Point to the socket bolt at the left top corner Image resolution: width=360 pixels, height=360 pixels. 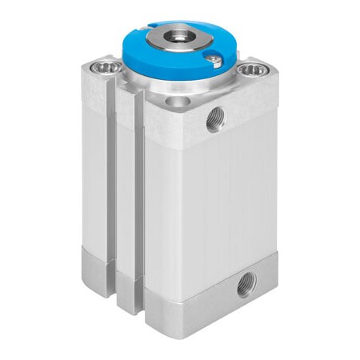[104, 67]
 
